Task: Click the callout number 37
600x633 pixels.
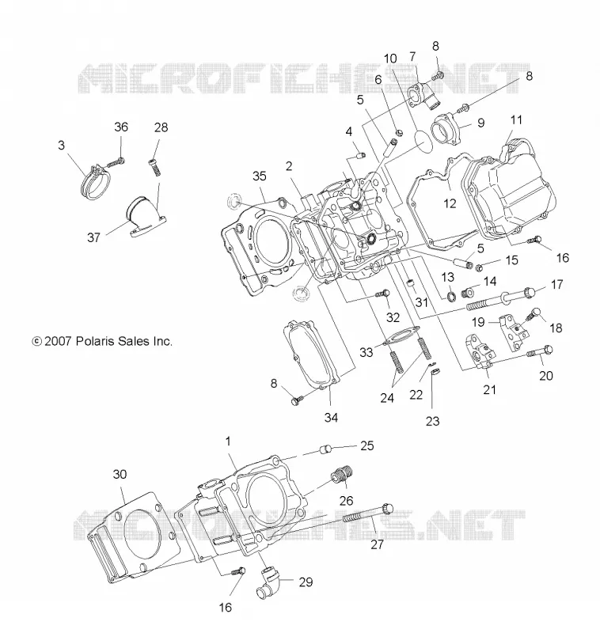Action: [x=93, y=237]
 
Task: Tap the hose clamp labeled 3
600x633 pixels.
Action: [x=97, y=184]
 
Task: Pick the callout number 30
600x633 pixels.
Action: [x=120, y=474]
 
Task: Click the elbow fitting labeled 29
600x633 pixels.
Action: [x=268, y=582]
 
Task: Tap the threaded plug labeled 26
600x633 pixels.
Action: [x=342, y=474]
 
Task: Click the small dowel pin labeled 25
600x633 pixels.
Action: [x=325, y=449]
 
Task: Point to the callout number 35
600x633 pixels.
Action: [x=260, y=176]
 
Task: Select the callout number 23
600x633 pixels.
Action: [x=432, y=421]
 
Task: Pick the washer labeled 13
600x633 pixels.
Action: [x=451, y=296]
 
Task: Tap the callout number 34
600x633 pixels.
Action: [x=331, y=418]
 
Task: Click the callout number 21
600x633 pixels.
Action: [x=489, y=389]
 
